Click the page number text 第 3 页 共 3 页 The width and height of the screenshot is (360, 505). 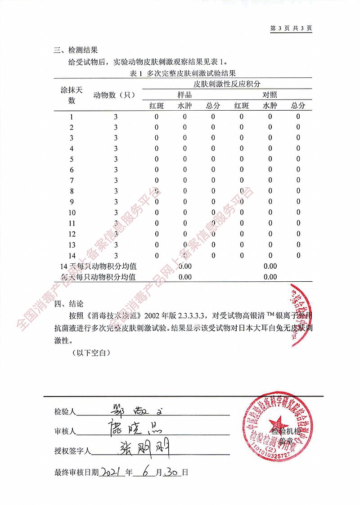click(x=291, y=28)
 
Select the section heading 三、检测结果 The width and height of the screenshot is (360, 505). click(x=76, y=50)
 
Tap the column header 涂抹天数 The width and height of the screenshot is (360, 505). click(x=72, y=95)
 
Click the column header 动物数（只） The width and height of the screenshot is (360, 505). click(x=115, y=95)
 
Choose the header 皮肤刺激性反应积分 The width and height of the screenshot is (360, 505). click(x=227, y=84)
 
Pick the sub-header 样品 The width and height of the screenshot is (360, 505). click(x=184, y=95)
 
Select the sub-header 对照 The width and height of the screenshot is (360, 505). click(x=270, y=95)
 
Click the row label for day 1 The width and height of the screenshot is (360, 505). click(x=72, y=117)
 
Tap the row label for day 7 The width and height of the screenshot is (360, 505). click(x=72, y=180)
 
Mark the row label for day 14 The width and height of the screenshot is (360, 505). click(x=72, y=255)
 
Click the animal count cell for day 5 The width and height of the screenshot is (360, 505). click(x=116, y=159)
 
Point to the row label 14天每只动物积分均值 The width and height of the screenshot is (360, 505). click(x=99, y=266)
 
